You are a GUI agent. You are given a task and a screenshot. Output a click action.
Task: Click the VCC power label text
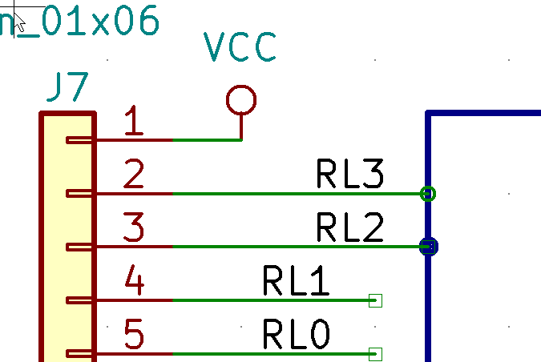click(x=240, y=48)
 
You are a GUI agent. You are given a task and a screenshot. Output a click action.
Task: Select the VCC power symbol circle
click(x=240, y=100)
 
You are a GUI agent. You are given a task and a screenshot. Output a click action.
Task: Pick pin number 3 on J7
click(x=135, y=229)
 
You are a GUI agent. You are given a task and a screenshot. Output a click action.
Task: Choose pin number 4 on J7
click(x=135, y=283)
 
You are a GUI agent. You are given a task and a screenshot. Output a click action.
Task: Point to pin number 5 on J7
click(x=135, y=336)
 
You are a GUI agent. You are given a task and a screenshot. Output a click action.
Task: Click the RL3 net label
click(x=350, y=175)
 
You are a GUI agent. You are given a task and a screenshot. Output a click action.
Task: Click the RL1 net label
click(x=296, y=282)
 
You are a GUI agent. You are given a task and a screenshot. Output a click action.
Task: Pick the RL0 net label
click(x=296, y=335)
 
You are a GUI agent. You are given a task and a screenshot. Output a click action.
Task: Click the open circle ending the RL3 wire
click(x=428, y=193)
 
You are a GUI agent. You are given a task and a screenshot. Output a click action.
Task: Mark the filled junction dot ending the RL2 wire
click(x=429, y=247)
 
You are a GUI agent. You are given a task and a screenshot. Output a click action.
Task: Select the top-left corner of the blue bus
click(x=429, y=115)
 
